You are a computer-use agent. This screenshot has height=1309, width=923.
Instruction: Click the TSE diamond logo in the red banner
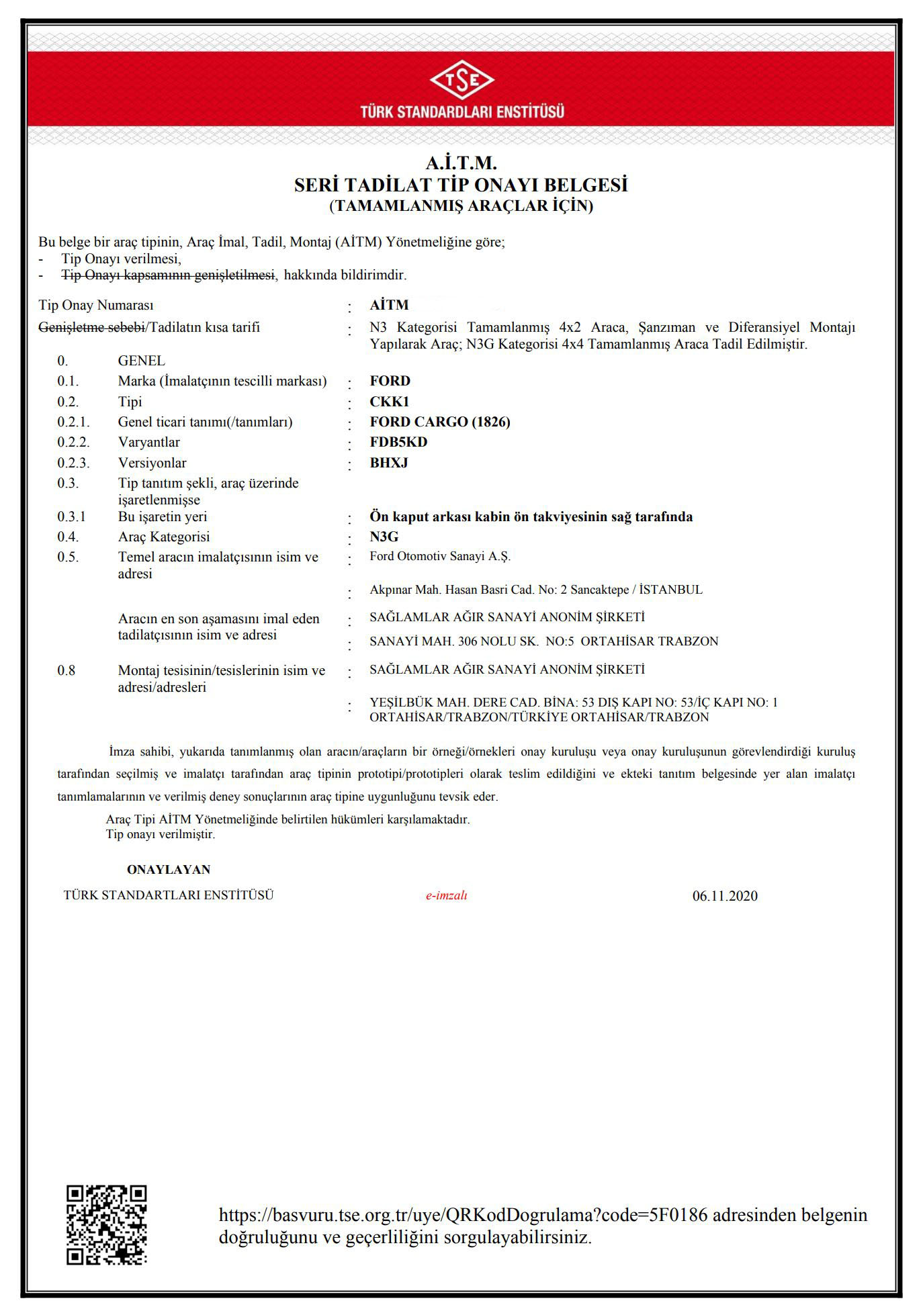click(461, 81)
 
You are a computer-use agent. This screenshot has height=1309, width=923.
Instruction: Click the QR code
click(106, 1225)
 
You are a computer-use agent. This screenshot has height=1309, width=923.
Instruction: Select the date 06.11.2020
click(725, 896)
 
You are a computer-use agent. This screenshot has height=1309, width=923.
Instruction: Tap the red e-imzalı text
click(446, 895)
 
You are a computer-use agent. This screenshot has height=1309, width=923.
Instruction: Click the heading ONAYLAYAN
click(169, 870)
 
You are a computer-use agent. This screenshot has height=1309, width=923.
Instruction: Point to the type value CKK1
click(389, 402)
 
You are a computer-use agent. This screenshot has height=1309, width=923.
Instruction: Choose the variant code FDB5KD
click(398, 442)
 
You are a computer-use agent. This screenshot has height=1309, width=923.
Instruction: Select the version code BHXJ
click(388, 463)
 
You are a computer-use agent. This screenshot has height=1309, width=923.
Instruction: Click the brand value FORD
click(390, 381)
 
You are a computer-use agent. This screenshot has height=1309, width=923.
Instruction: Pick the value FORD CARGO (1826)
click(439, 422)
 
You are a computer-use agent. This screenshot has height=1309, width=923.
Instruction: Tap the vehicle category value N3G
click(384, 537)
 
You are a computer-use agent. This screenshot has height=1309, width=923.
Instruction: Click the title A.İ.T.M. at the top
click(461, 163)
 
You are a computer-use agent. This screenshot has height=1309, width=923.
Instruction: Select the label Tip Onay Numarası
click(96, 306)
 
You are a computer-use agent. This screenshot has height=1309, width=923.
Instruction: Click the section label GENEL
click(141, 361)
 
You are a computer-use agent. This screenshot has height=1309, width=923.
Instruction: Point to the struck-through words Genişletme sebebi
click(91, 328)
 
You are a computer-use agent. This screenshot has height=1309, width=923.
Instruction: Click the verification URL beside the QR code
click(463, 1215)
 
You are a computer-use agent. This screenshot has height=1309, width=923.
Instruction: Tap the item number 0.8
click(67, 670)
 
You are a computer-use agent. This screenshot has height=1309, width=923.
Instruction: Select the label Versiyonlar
click(152, 463)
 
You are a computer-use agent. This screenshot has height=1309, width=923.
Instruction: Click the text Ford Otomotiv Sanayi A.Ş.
click(440, 556)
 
